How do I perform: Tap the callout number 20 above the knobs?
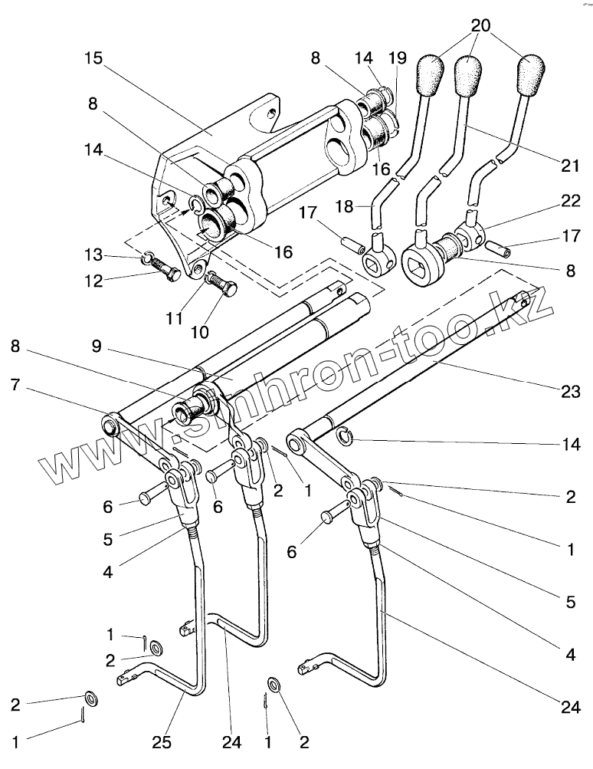pos(480,25)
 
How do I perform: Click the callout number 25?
pos(162,741)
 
